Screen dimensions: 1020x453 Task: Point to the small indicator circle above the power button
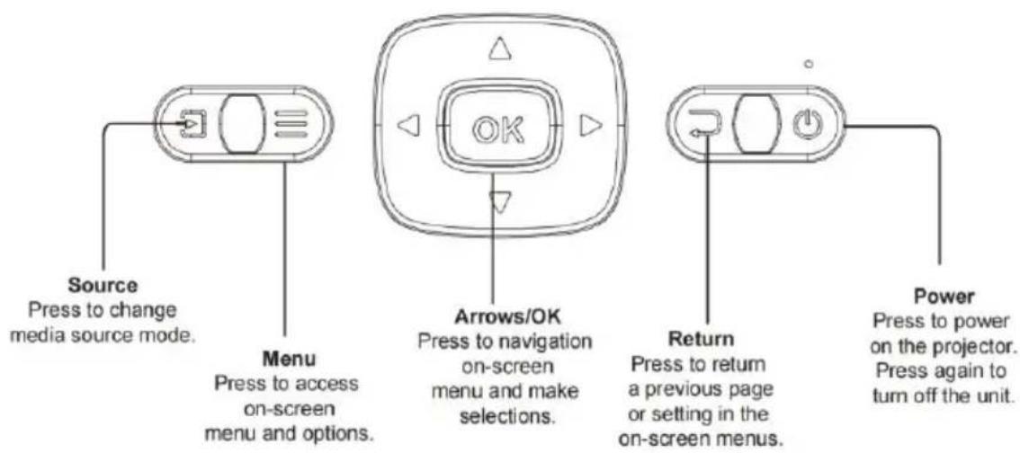(x=810, y=65)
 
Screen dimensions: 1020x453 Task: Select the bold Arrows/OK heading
(x=506, y=315)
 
